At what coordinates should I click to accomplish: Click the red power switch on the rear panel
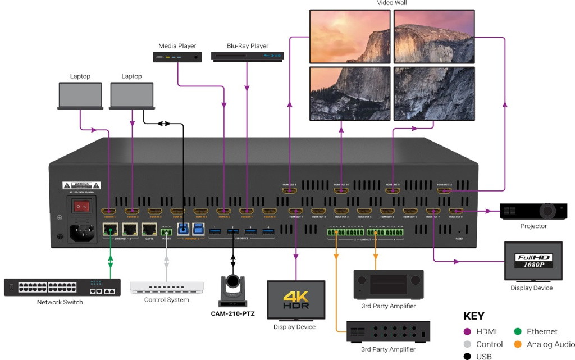[x=82, y=207]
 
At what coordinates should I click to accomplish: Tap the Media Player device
[x=177, y=56]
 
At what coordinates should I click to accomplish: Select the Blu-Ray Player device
[x=247, y=56]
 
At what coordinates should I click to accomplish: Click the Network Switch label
[x=60, y=302]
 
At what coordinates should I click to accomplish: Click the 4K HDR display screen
[x=295, y=300]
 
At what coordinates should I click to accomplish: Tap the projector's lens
[x=547, y=211]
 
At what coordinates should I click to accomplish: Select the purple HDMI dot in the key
[x=467, y=332]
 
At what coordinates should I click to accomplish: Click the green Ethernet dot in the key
[x=517, y=332]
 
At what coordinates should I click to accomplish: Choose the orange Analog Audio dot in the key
[x=517, y=344]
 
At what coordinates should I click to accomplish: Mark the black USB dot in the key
[x=467, y=357]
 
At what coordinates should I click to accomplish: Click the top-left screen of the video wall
[x=350, y=37]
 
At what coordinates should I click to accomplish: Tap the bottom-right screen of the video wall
[x=434, y=93]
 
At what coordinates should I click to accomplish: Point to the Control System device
[x=167, y=287]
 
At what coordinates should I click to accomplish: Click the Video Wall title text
[x=392, y=3]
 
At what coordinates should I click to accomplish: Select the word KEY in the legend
[x=474, y=316]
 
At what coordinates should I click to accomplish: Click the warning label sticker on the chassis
[x=81, y=185]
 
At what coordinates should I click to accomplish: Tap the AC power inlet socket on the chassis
[x=82, y=232]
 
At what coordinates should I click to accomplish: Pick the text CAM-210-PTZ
[x=232, y=313]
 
